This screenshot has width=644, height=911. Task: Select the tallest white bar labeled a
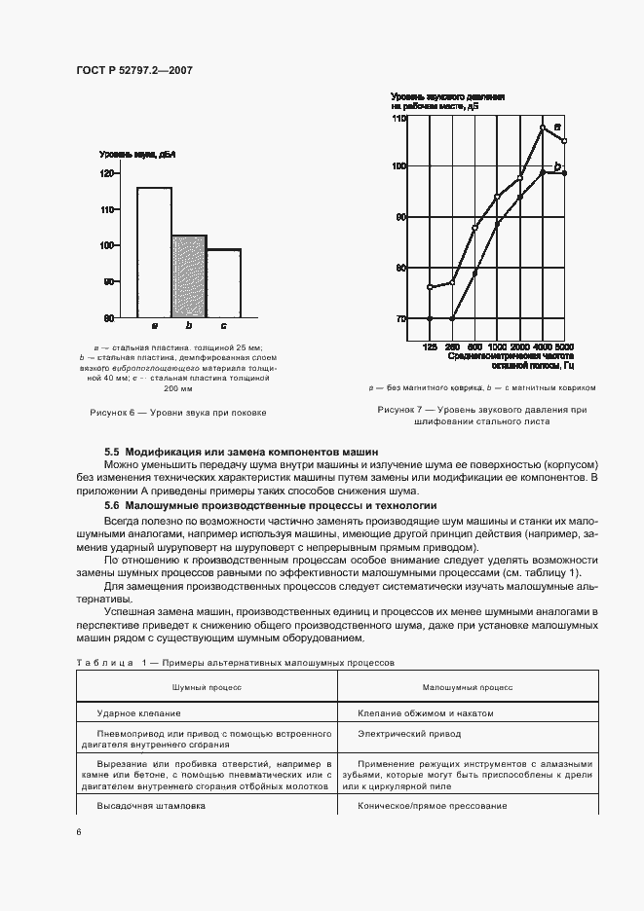coord(154,252)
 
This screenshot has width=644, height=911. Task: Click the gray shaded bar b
coord(189,276)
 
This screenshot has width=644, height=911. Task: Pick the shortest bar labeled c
coord(223,283)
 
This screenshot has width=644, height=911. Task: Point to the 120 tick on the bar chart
coord(106,173)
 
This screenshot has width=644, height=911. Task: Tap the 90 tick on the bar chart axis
coord(108,282)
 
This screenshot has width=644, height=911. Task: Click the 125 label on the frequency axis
coord(430,347)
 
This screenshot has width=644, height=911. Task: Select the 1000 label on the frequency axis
coord(497,347)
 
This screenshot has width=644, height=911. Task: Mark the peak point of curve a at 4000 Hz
coord(543,128)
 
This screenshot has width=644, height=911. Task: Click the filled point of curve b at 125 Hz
coord(430,318)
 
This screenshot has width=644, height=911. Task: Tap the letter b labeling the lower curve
coord(557,166)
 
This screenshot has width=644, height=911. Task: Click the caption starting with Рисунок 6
coord(177,413)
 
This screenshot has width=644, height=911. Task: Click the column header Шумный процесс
coord(207,686)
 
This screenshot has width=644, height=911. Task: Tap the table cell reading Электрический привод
coord(396,733)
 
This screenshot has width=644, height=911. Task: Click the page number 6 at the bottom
coord(79,831)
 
